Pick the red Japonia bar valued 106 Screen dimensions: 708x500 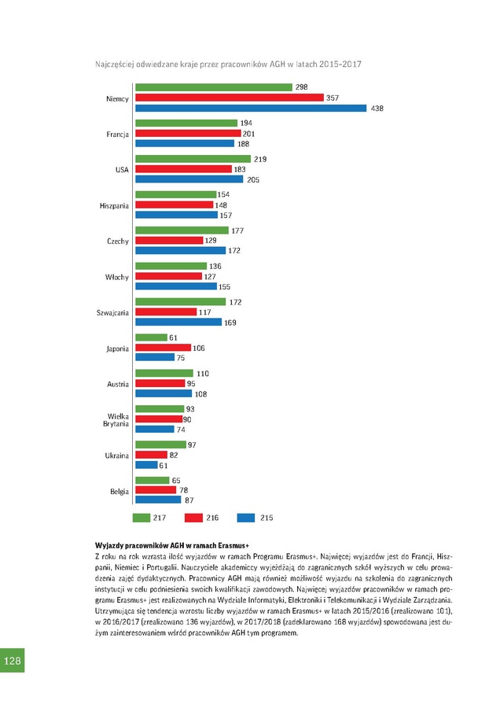point(163,348)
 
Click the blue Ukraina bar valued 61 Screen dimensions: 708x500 point(146,465)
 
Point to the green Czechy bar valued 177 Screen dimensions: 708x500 point(182,230)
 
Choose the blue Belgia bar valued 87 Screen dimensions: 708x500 point(158,500)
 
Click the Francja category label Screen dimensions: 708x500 point(118,134)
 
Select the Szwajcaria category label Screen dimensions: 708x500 point(112,312)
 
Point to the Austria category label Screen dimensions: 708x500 point(118,384)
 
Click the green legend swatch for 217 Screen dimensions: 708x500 point(142,518)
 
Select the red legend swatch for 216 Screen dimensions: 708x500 point(193,518)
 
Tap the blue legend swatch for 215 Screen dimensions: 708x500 point(246,518)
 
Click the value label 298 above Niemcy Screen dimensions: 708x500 point(301,87)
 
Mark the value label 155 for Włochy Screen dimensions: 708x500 point(224,287)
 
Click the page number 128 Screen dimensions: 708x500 point(12,660)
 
